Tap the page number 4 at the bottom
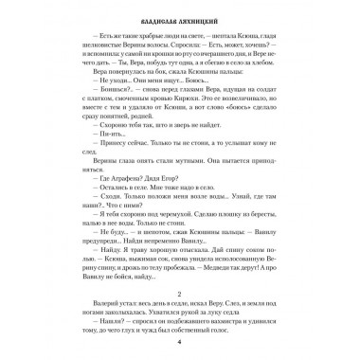179,342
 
